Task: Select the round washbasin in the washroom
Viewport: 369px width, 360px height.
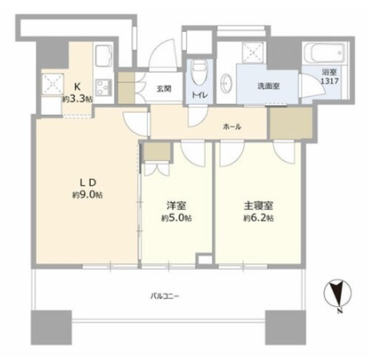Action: coord(227,83)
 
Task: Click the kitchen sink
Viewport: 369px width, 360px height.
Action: coord(104,57)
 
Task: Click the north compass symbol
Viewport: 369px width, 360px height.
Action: coord(338,295)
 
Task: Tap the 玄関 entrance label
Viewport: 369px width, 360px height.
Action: coord(164,89)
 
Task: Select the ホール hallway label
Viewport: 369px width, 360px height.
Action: coord(232,127)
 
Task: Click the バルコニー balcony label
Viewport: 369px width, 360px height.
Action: coord(165,296)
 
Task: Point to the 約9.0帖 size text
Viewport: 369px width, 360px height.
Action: coord(87,195)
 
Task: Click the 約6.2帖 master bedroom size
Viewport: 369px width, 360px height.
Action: coord(258,218)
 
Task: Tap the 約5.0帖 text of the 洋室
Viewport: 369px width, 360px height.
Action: coord(176,218)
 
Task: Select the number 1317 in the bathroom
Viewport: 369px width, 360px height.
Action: coord(330,81)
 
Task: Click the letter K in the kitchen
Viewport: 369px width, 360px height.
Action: coord(77,87)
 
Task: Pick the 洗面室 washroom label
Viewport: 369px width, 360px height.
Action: coord(268,86)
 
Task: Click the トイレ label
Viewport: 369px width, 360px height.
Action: coord(200,95)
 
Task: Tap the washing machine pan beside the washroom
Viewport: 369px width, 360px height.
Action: coord(253,52)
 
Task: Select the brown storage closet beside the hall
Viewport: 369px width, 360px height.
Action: coord(291,123)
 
